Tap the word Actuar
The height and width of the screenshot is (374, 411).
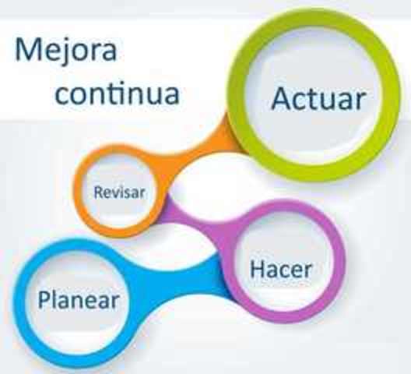(318, 99)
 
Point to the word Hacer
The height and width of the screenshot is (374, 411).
(281, 270)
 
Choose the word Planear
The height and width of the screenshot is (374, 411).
(79, 299)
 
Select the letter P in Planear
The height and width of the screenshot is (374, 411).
(45, 299)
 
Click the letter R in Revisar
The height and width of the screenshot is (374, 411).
(98, 192)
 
